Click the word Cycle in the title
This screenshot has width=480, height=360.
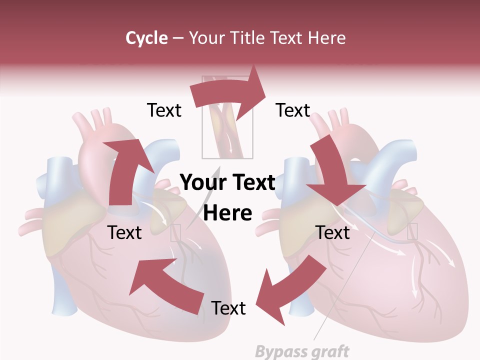[x=146, y=37]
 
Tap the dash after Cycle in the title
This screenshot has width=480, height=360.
[x=178, y=37]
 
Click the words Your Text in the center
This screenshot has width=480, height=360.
[x=227, y=182]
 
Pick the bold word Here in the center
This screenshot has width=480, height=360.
[x=227, y=213]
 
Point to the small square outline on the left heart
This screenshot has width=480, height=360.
[x=175, y=233]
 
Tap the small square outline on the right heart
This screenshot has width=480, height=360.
[x=412, y=231]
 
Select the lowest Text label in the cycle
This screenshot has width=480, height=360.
[x=228, y=308]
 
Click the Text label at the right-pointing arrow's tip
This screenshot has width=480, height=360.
[x=293, y=110]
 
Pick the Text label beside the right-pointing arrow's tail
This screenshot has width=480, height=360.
[x=164, y=110]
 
